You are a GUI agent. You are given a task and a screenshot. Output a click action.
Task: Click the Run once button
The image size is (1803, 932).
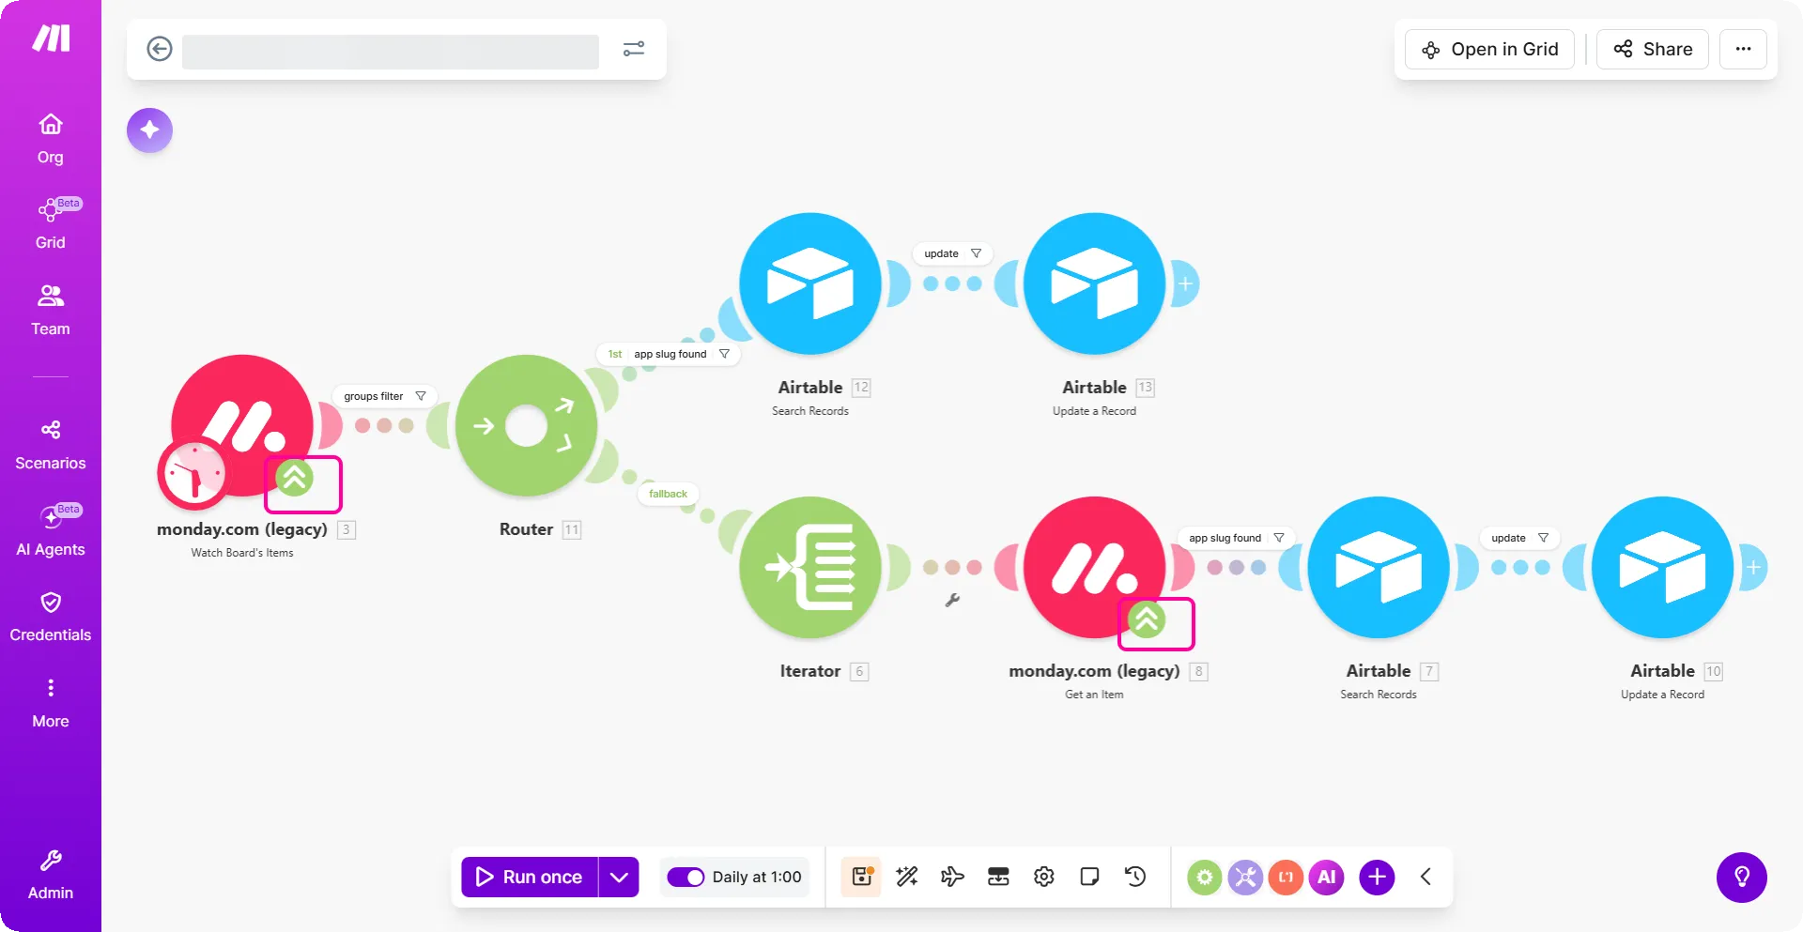530,877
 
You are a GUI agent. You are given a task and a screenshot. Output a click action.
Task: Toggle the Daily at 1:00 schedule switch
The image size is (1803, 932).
686,877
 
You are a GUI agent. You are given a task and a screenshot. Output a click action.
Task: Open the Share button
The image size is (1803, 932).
1652,49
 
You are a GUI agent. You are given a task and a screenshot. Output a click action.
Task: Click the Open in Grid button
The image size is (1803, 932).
1489,49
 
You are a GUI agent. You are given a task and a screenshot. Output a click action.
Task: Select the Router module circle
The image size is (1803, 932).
526,426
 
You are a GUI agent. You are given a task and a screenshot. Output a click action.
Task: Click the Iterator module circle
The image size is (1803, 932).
810,568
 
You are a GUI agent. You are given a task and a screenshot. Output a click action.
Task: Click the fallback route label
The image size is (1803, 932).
668,494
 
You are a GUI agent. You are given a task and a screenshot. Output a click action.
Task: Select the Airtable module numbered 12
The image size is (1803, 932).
810,283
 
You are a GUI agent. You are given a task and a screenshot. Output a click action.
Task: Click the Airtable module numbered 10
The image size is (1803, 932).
1662,568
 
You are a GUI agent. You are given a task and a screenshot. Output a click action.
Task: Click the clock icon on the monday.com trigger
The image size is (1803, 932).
194,473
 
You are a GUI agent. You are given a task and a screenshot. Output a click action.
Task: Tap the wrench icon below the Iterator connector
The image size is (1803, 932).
952,600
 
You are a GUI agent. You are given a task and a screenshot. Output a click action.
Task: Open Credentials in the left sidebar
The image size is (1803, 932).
51,616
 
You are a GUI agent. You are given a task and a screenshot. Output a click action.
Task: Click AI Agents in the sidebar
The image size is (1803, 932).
51,530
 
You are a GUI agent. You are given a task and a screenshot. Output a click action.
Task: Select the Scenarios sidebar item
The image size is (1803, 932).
51,444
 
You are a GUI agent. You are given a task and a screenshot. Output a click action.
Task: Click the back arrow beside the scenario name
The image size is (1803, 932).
160,49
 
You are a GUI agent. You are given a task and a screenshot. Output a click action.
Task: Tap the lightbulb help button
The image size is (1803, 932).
1742,877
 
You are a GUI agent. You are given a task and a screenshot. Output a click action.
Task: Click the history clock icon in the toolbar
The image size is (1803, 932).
1135,877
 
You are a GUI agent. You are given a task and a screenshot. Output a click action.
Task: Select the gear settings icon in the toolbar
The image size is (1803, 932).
1043,877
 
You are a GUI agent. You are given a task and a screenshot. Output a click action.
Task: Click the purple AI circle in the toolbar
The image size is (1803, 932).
1326,877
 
